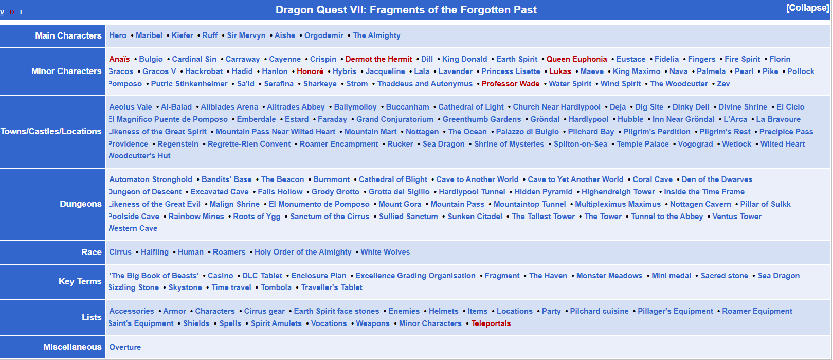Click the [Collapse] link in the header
[x=807, y=8]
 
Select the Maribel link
[x=149, y=35]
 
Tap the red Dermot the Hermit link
[x=378, y=59]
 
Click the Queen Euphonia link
[x=576, y=59]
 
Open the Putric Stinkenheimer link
[x=189, y=84]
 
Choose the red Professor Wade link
[x=510, y=84]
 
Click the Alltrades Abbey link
[x=296, y=107]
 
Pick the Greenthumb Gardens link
[x=482, y=119]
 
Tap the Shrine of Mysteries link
[x=509, y=144]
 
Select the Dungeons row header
[x=80, y=204]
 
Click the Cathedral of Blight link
[x=393, y=179]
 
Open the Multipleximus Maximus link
[x=618, y=204]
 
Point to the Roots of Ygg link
[x=257, y=217]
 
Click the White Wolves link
[x=385, y=252]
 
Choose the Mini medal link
[x=671, y=276]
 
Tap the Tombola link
[x=276, y=287]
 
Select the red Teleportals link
[x=491, y=323]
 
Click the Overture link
[x=125, y=347]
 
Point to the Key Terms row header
[x=80, y=281]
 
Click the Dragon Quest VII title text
[x=406, y=10]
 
